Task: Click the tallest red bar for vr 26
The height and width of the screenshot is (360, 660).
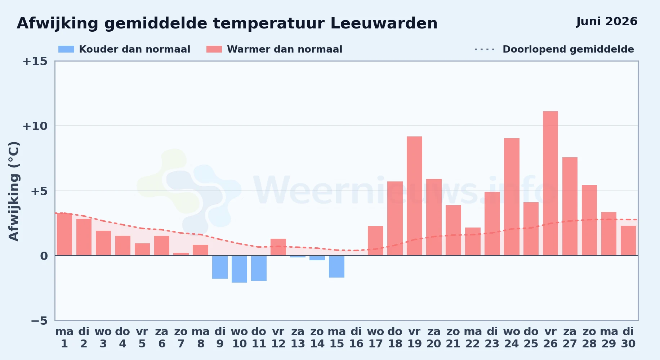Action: [x=550, y=183]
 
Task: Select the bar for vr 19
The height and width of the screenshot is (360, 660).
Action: [x=414, y=196]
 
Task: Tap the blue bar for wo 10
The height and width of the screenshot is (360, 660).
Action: [x=239, y=269]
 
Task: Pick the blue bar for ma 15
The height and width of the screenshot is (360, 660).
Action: [x=336, y=266]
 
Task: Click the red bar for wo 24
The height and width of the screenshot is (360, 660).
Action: [x=512, y=197]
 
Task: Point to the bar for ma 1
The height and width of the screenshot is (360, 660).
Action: [x=64, y=234]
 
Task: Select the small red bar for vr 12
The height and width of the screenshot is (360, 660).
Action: [x=278, y=247]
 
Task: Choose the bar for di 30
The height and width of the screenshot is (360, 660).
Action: [x=628, y=240]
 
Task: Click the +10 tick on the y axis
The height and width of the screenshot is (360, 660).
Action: [x=35, y=126]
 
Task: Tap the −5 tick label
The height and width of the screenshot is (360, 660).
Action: [x=39, y=320]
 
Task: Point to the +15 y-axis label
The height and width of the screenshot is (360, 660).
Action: [x=35, y=61]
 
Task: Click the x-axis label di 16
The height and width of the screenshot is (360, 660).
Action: [x=356, y=338]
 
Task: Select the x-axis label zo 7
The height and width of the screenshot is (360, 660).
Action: [x=181, y=338]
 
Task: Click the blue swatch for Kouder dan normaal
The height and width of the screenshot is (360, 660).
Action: [x=66, y=49]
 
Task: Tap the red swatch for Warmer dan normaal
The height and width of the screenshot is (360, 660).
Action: [x=214, y=49]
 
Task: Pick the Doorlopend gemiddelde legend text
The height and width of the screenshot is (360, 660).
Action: [x=568, y=49]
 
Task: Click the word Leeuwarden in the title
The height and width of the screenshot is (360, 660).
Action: [x=384, y=23]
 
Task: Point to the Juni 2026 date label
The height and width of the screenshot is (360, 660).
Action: [x=607, y=21]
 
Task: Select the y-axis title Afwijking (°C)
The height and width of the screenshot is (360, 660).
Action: [x=14, y=191]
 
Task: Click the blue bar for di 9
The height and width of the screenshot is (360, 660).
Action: [x=220, y=267]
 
